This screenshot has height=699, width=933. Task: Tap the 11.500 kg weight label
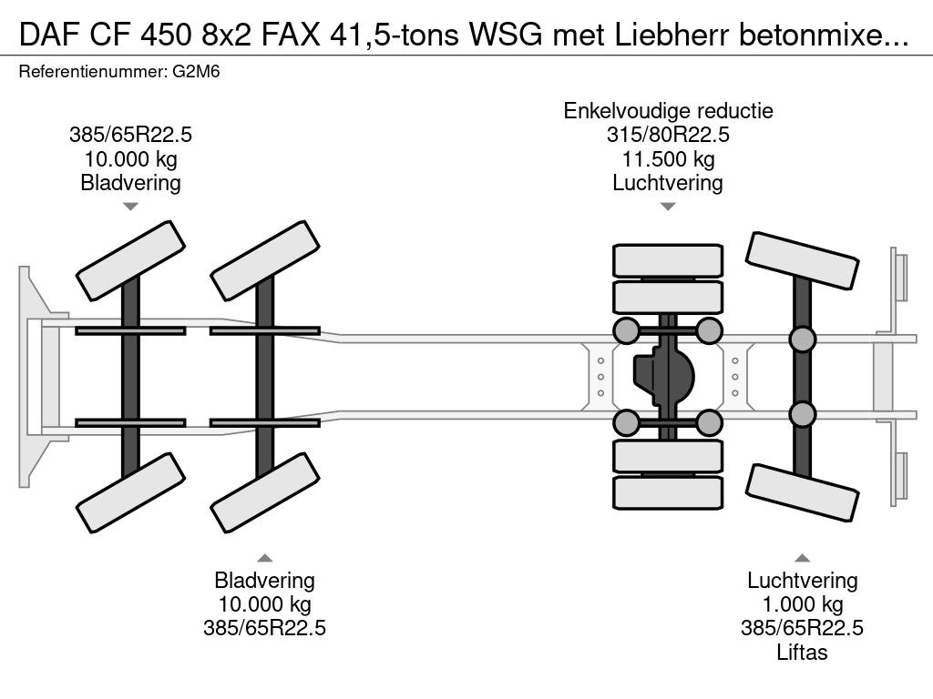click(x=668, y=159)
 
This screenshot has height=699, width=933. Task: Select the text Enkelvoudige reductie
click(x=668, y=111)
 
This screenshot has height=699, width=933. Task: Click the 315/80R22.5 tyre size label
click(x=668, y=136)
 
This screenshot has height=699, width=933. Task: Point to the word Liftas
click(x=802, y=653)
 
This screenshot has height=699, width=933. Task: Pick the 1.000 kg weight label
click(x=802, y=604)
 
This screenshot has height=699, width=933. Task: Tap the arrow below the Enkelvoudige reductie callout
click(x=668, y=207)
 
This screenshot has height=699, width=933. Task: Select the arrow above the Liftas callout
click(x=802, y=557)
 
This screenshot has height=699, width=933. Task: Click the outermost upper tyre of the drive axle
click(x=668, y=260)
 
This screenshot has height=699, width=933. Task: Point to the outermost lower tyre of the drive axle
click(x=668, y=492)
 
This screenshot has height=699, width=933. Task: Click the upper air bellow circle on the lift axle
click(x=802, y=339)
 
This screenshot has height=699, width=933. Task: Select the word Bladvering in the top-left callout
click(x=130, y=183)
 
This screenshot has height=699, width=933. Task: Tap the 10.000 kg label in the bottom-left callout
click(x=264, y=604)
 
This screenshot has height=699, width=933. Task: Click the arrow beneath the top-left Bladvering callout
click(x=130, y=207)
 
